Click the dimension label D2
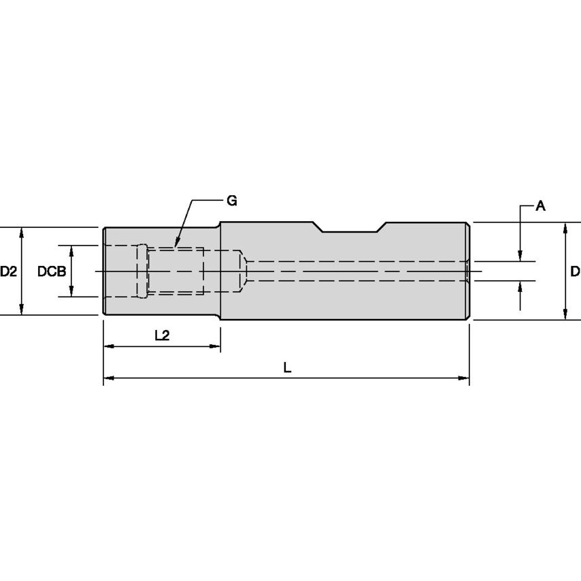click(8, 271)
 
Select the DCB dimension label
click(51, 271)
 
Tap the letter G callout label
click(232, 201)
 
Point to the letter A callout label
click(540, 205)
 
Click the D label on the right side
click(574, 271)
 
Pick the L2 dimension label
click(162, 335)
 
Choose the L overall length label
click(287, 367)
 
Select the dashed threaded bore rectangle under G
click(176, 271)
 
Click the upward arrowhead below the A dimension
click(520, 284)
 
